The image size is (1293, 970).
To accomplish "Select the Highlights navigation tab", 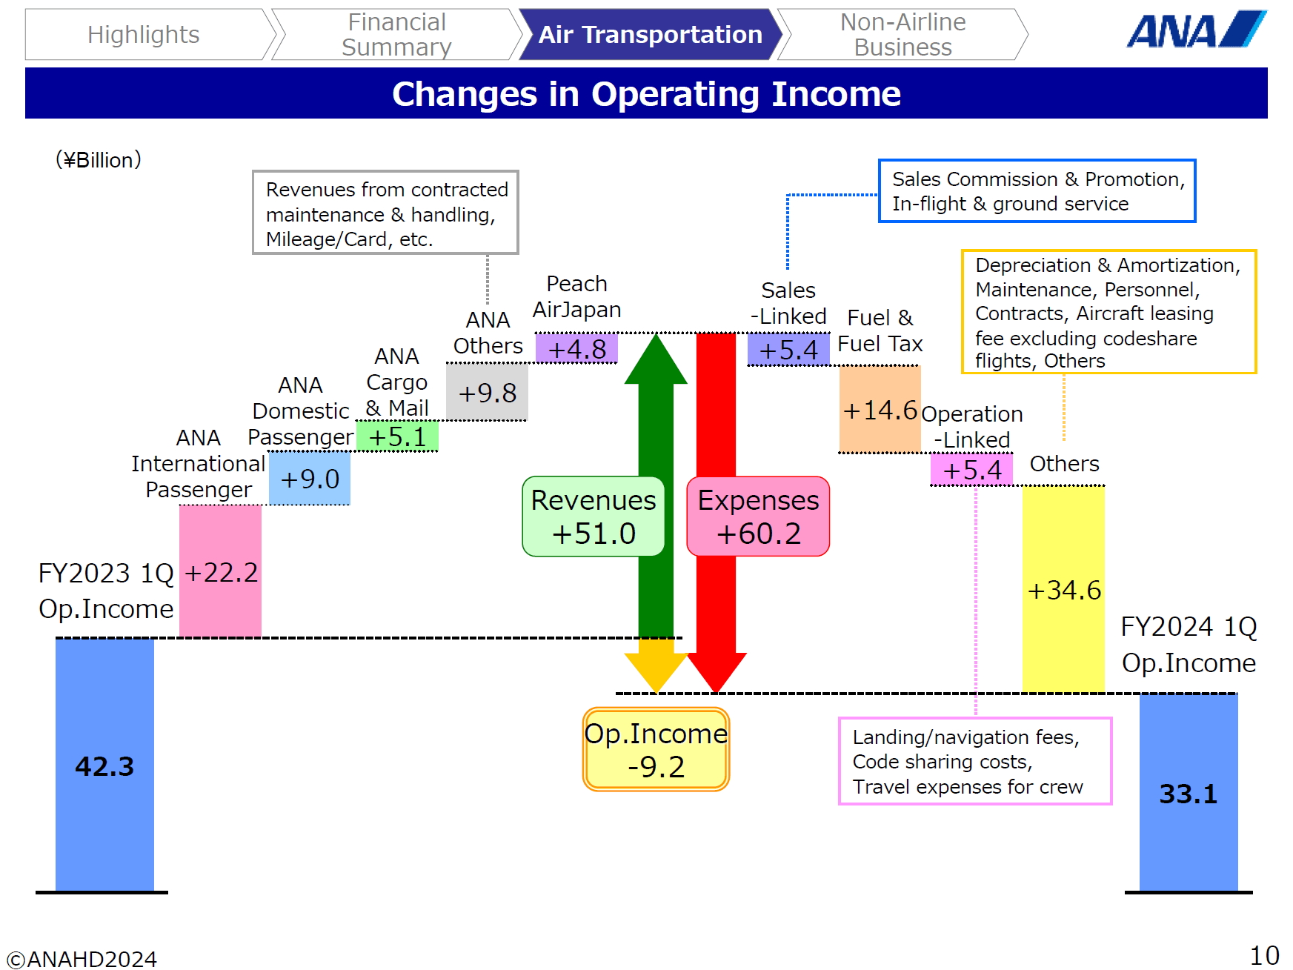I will point(144,35).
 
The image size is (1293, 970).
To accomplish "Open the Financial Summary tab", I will point(396,35).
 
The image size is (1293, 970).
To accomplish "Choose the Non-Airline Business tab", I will point(903,35).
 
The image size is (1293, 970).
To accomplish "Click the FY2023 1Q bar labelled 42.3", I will point(104,765).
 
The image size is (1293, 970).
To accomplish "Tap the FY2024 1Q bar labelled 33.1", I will point(1188,793).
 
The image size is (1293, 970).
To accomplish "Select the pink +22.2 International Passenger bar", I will point(220,571).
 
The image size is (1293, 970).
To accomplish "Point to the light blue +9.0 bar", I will point(309,479).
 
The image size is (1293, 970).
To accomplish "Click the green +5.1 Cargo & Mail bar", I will point(397,436).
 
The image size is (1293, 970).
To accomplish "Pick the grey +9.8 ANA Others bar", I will point(487,393).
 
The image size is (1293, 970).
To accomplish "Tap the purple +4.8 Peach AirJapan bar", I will point(576,348).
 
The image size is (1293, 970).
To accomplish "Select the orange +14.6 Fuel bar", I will point(880,409).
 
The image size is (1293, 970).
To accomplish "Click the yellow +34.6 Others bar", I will point(1063,589).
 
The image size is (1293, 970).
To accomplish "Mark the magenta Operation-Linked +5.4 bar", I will point(971,470).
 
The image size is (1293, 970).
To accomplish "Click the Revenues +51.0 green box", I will point(594,516).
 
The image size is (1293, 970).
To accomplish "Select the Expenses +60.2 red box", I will point(758,516).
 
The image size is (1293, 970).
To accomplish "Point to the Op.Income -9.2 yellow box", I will point(656,749).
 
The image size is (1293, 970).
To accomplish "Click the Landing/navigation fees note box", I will point(974,761).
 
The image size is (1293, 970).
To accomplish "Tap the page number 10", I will point(1264,955).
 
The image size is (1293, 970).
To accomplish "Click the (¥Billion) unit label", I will point(99,160).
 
